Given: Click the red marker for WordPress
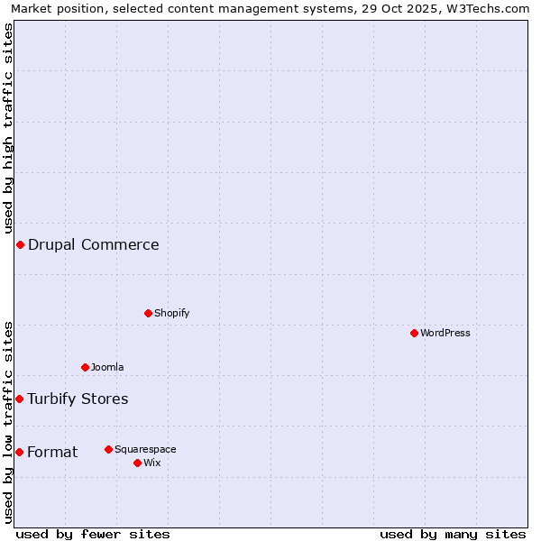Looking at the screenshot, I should [414, 333].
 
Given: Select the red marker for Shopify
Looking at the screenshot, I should [148, 313].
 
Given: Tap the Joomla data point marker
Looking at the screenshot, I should [85, 367].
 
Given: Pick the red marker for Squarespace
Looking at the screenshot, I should [108, 449].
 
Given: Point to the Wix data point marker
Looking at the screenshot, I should [137, 463].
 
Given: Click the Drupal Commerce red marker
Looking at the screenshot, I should [20, 244].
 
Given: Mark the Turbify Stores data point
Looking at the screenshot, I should [19, 399].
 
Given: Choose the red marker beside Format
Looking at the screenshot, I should [19, 452].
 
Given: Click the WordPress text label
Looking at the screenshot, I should [445, 333].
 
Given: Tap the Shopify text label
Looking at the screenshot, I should [171, 313].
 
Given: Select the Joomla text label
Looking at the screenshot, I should [107, 367].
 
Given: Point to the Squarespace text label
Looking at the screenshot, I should [145, 449].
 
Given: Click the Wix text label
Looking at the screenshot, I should [151, 463].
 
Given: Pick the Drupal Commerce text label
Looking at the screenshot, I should [94, 244].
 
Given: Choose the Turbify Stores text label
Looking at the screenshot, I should [78, 399].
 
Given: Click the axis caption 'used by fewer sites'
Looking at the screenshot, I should [93, 534].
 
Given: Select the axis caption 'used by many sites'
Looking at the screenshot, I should [453, 534].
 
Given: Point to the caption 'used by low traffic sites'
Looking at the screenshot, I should [8, 422].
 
